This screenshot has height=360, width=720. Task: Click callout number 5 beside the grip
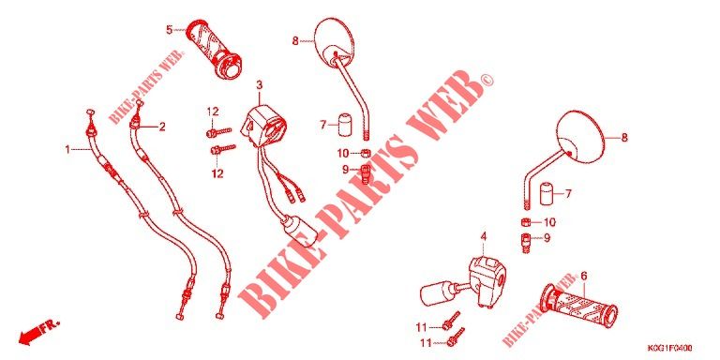[x=169, y=30]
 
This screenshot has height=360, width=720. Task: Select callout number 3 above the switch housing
[x=259, y=85]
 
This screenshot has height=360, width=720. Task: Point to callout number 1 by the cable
[x=67, y=149]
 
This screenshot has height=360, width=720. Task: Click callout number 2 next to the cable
[x=161, y=127]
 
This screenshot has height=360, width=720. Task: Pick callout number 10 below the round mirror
[x=549, y=222]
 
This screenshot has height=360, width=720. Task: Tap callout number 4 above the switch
[x=483, y=236]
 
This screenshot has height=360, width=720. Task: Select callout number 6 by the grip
[x=584, y=276]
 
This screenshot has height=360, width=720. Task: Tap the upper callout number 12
[x=213, y=112]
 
